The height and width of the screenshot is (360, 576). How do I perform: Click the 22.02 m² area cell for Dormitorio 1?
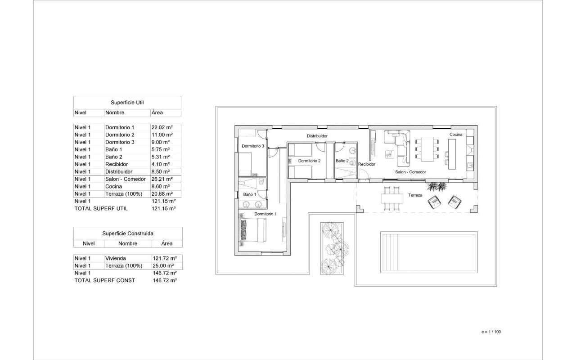point(162,127)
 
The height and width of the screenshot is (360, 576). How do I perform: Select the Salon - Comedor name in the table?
point(126,179)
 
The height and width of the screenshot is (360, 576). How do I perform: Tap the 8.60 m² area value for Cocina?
point(161,186)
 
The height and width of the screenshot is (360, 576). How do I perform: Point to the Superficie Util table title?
point(127,103)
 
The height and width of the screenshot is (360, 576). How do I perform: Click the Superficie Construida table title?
point(128,234)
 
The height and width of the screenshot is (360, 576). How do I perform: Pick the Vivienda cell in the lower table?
point(116,258)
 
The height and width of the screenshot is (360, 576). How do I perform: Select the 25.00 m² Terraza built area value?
point(163,265)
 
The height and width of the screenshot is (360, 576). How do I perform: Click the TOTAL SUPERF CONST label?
point(105,280)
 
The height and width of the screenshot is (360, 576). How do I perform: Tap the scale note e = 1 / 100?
point(491,332)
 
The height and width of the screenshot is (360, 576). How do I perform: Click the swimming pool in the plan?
point(429,252)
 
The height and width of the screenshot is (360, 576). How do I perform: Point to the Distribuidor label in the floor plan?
point(317,136)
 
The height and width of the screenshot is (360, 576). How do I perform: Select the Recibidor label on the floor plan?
point(367,164)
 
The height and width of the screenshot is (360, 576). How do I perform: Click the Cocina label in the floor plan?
point(456,134)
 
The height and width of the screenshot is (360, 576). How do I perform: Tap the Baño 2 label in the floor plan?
point(342,161)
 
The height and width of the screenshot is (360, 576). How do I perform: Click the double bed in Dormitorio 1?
point(252,229)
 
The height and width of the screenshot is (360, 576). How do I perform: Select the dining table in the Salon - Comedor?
point(427,149)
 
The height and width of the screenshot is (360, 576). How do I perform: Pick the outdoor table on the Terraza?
point(392,198)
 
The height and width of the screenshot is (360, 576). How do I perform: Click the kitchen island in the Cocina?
point(452,154)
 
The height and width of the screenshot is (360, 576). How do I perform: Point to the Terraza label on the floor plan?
point(415,195)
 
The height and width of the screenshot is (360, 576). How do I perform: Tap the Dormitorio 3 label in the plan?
point(253,146)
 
